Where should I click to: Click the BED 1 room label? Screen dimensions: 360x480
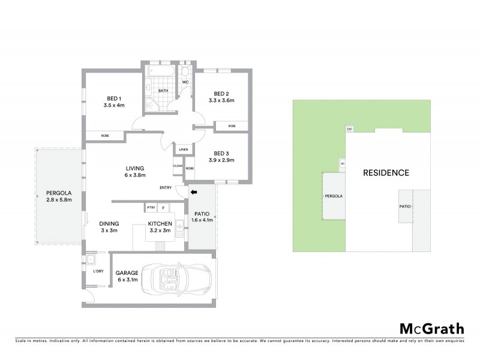114,99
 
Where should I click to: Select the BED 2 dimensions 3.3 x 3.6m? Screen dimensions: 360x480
222,101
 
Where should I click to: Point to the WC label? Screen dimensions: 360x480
185,81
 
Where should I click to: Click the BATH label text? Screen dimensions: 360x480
163,91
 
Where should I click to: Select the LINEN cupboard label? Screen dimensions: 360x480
183,149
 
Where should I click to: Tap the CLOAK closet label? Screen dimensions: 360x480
178,166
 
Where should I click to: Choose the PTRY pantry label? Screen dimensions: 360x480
151,208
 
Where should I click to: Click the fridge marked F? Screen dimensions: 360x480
163,208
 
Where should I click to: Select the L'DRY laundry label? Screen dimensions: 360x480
98,272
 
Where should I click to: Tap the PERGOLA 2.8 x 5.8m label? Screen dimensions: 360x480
58,197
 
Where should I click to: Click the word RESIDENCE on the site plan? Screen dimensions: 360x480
386,173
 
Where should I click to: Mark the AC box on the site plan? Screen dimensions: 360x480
342,163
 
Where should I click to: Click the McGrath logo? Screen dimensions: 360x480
431,328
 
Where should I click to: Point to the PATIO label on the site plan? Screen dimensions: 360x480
405,206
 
